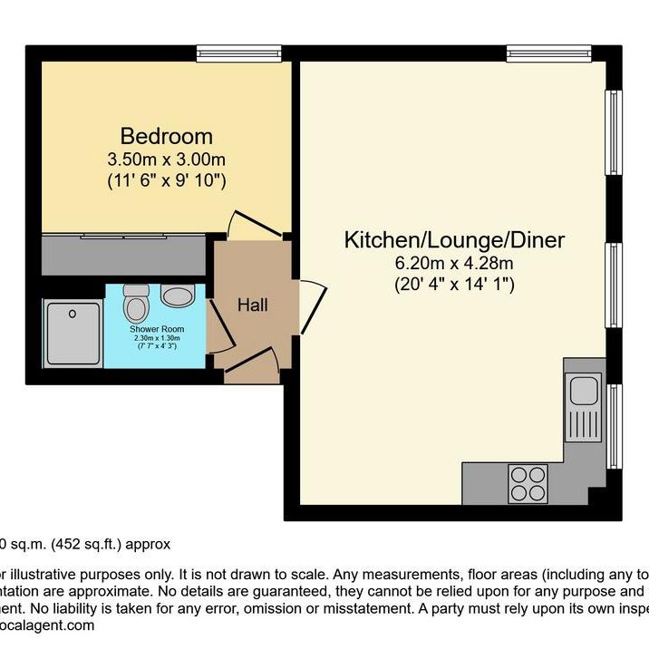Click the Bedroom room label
(x=167, y=137)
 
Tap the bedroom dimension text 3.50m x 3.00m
(x=167, y=160)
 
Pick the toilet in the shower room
(x=137, y=299)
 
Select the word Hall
(x=252, y=306)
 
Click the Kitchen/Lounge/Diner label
(x=454, y=240)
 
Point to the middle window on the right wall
(x=614, y=284)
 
